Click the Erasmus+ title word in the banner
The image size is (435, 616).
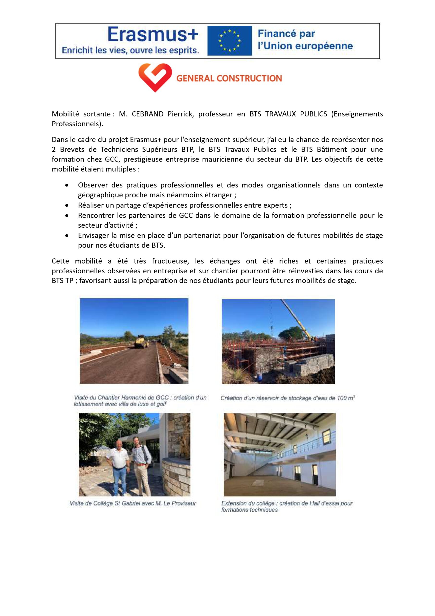pyautogui.click(x=153, y=35)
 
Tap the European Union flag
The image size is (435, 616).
pyautogui.click(x=230, y=41)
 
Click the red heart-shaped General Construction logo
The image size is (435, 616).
pyautogui.click(x=155, y=77)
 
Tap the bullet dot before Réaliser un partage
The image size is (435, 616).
pyautogui.click(x=67, y=205)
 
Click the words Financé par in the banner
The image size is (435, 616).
pyautogui.click(x=286, y=34)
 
